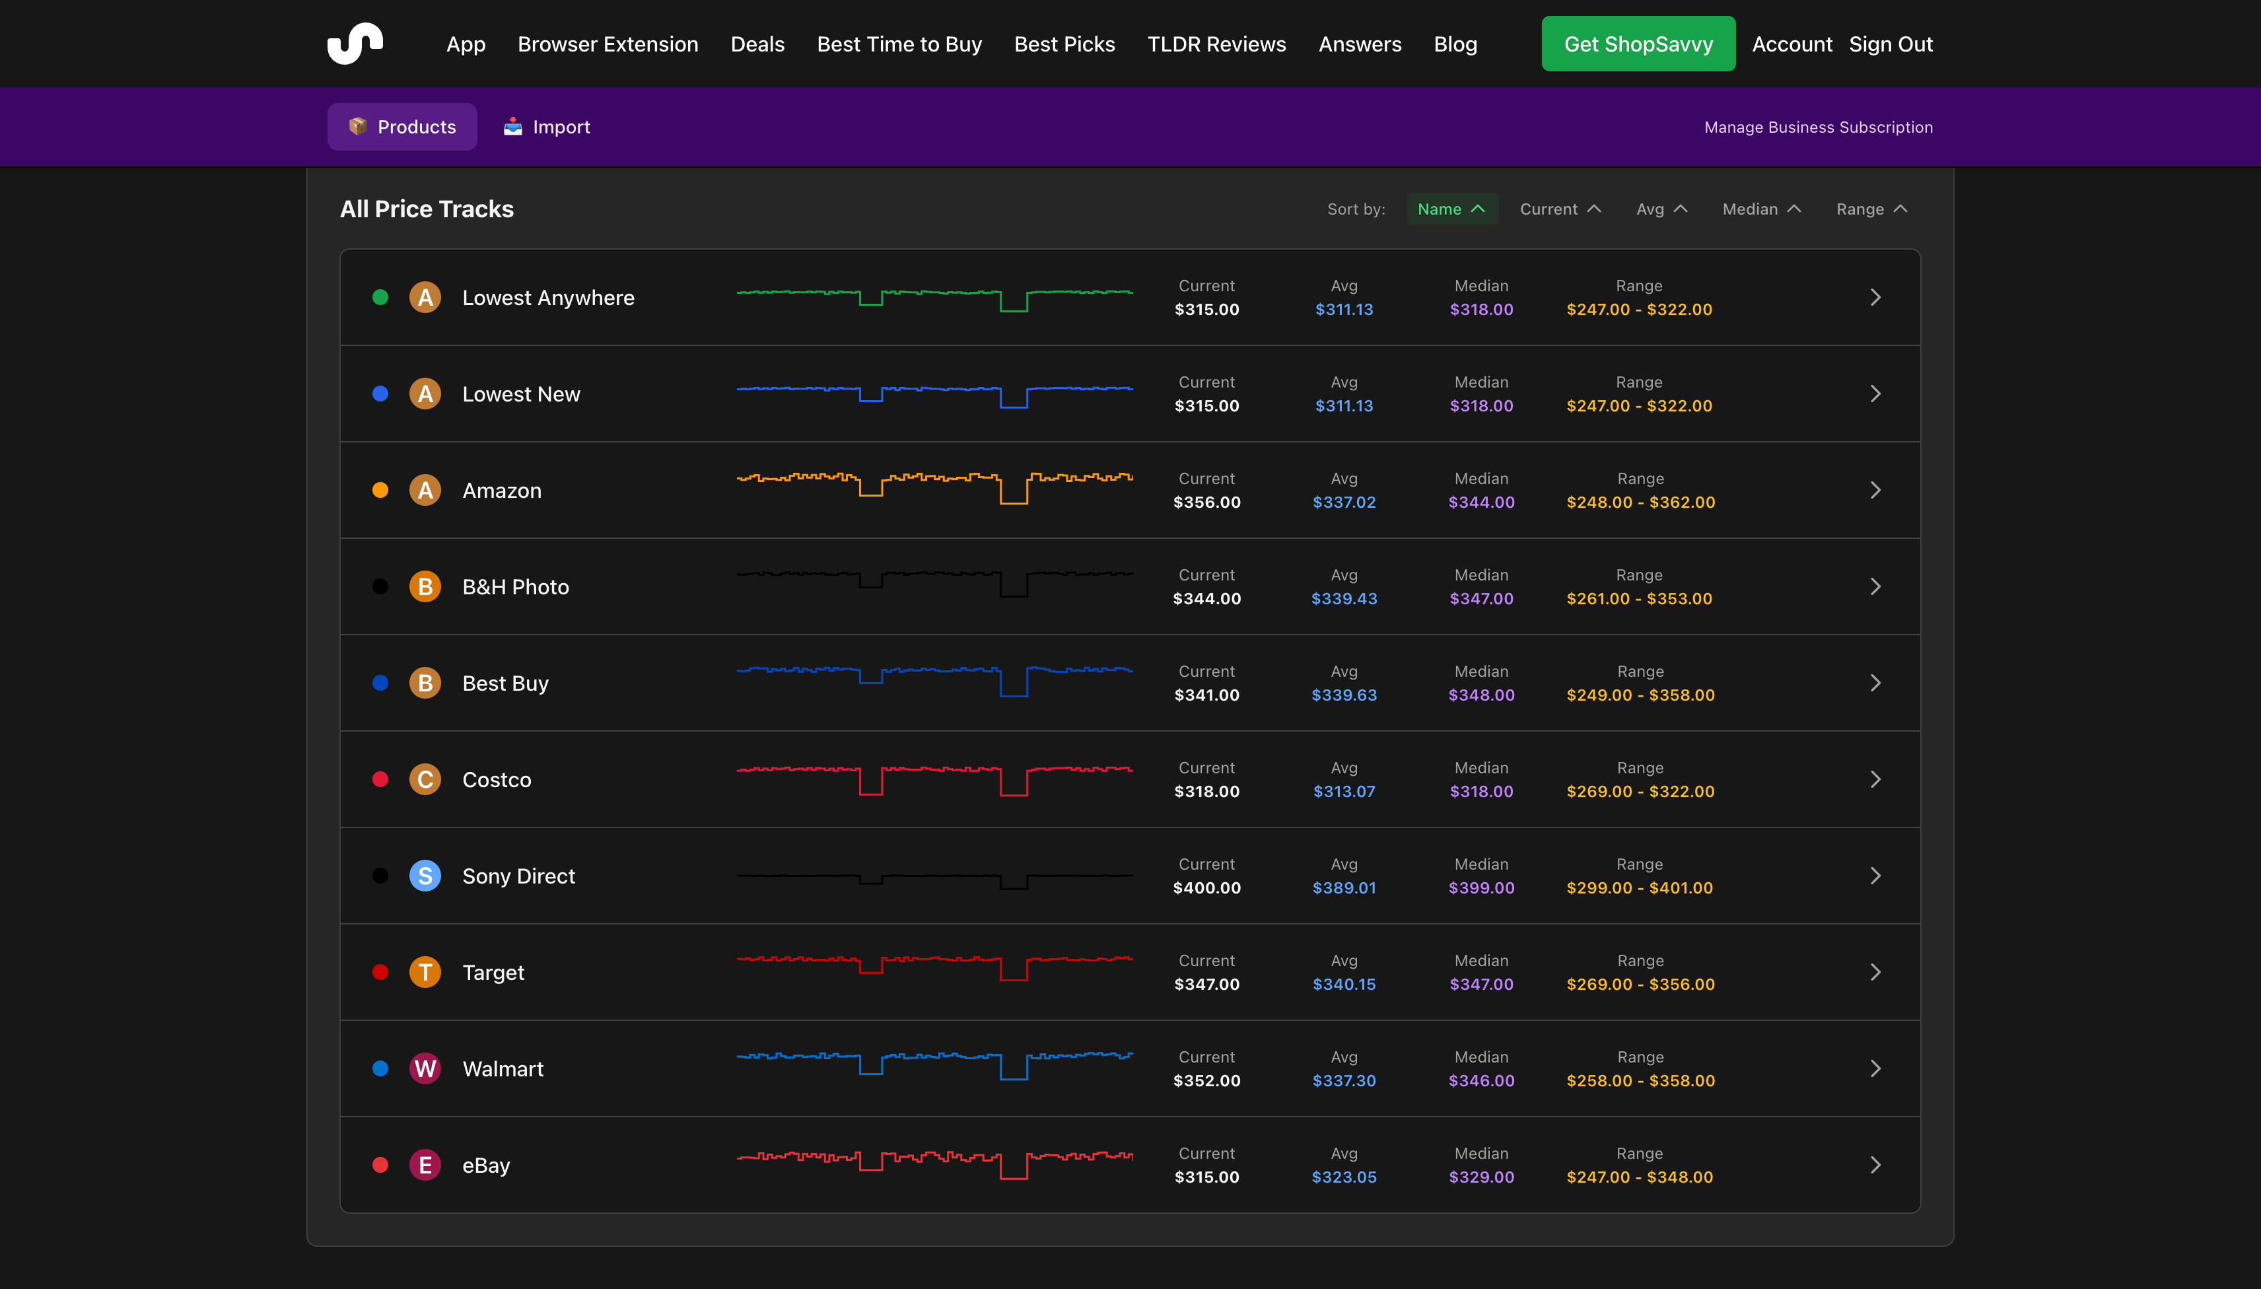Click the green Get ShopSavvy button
tap(1638, 44)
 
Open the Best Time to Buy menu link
tap(899, 44)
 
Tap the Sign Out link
tap(1890, 44)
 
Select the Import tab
tap(547, 127)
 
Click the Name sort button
tap(1451, 209)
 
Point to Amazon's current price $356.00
tap(1206, 502)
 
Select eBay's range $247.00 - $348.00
tap(1640, 1177)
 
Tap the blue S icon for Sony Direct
tap(425, 876)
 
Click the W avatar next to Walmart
tap(425, 1068)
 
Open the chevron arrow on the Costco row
tap(1875, 779)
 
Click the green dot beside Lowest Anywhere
tap(380, 297)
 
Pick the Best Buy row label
tap(506, 683)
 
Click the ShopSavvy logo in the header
tap(355, 44)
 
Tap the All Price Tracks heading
tap(427, 209)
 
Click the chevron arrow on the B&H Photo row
tap(1875, 586)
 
